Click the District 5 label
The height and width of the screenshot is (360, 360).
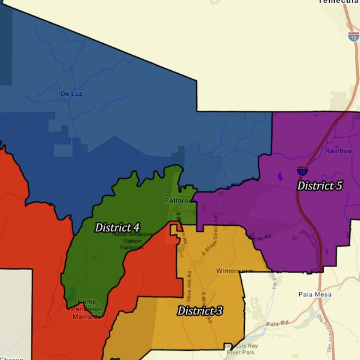tap(319, 185)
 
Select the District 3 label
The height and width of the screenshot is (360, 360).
tap(199, 311)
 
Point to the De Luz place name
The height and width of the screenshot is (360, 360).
tap(71, 94)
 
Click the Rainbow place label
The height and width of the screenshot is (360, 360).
tap(338, 151)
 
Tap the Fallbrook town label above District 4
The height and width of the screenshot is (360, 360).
tap(179, 201)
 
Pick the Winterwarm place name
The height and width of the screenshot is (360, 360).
tap(235, 271)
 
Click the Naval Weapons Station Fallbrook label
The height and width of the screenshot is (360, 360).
tap(119, 241)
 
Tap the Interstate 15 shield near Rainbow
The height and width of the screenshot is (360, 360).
tap(303, 171)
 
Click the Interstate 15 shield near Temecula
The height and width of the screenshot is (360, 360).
tap(353, 36)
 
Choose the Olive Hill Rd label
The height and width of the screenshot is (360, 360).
tap(190, 282)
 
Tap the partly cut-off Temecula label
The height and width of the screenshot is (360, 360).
tap(338, 2)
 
